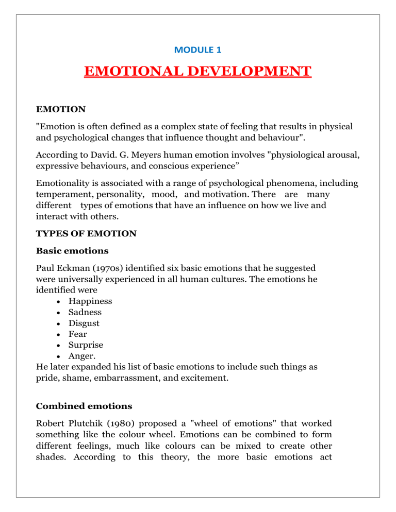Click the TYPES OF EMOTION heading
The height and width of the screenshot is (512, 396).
(86, 233)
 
